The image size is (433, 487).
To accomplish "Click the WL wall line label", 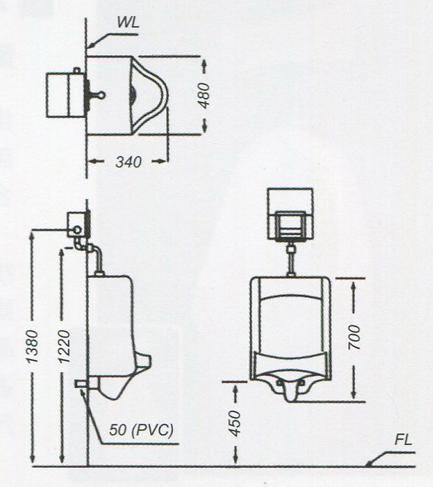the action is pyautogui.click(x=128, y=22).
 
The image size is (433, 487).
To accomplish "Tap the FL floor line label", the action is pyautogui.click(x=403, y=440).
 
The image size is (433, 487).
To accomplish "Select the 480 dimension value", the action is pyautogui.click(x=204, y=96).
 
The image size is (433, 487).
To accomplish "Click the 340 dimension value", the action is pyautogui.click(x=129, y=162).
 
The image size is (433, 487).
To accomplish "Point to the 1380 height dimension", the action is pyautogui.click(x=32, y=346).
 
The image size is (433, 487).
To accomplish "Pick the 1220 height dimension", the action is pyautogui.click(x=64, y=346).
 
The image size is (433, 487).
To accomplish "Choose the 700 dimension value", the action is pyautogui.click(x=354, y=337).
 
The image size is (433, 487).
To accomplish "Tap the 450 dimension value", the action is pyautogui.click(x=234, y=423).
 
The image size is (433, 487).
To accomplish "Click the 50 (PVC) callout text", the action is pyautogui.click(x=142, y=430).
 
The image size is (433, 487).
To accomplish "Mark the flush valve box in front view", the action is pyautogui.click(x=290, y=214).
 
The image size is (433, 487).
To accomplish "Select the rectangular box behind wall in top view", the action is pyautogui.click(x=65, y=95).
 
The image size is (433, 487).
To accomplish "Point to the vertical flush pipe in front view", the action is pyautogui.click(x=291, y=260).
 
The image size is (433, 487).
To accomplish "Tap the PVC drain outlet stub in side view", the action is pyautogui.click(x=81, y=384).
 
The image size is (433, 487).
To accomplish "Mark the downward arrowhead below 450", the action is pyautogui.click(x=236, y=459).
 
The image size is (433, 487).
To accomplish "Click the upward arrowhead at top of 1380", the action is pyautogui.click(x=32, y=236).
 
